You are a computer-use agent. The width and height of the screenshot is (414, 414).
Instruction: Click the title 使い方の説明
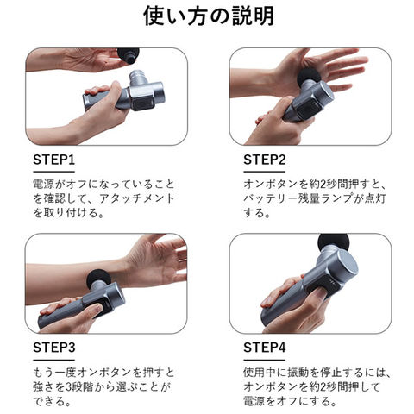pyautogui.click(x=209, y=16)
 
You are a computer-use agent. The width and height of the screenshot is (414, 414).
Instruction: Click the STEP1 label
pyautogui.click(x=54, y=160)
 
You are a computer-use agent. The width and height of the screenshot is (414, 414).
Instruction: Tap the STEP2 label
pyautogui.click(x=265, y=160)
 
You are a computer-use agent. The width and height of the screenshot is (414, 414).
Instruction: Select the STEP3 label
pyautogui.click(x=54, y=348)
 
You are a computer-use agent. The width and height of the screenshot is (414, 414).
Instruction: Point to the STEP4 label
pyautogui.click(x=265, y=348)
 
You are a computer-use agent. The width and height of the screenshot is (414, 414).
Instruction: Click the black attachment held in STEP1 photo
pyautogui.click(x=129, y=55)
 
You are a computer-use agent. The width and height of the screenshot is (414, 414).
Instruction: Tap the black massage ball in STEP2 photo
pyautogui.click(x=309, y=76)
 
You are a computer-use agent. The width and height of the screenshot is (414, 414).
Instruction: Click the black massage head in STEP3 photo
pyautogui.click(x=97, y=277)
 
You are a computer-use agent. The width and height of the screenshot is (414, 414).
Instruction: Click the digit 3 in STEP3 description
pyautogui.click(x=69, y=386)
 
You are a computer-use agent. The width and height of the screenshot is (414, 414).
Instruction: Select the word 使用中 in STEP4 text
pyautogui.click(x=260, y=373)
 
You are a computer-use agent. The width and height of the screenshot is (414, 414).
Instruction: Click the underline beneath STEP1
pyautogui.click(x=54, y=172)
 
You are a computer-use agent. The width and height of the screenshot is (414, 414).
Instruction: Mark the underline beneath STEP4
pyautogui.click(x=265, y=360)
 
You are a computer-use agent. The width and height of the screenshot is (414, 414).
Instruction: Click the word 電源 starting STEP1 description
pyautogui.click(x=43, y=184)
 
